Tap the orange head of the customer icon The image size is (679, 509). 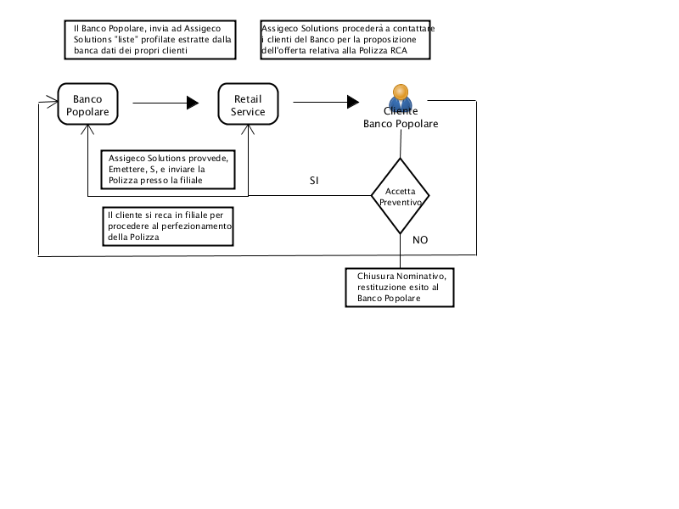click(x=401, y=92)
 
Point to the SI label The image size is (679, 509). click(x=314, y=181)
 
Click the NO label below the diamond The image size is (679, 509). click(x=420, y=240)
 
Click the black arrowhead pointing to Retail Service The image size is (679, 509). click(x=193, y=103)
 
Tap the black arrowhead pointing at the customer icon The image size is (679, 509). click(x=353, y=102)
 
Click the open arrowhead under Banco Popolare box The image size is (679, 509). click(x=87, y=130)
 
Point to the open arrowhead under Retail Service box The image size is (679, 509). click(x=248, y=130)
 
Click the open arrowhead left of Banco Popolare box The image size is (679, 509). click(x=53, y=102)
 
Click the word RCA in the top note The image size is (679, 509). click(x=399, y=51)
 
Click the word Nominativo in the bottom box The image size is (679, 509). click(x=421, y=277)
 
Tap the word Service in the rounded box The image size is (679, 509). click(x=248, y=112)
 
